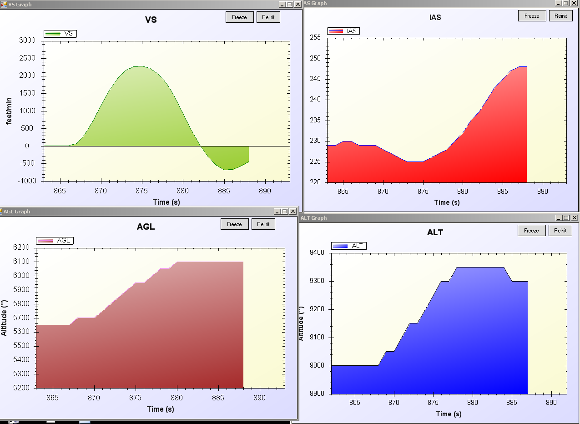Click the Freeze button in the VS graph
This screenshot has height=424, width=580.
[x=239, y=17]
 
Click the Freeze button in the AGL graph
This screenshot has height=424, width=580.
[x=234, y=224]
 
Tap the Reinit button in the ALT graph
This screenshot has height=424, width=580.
[x=560, y=231]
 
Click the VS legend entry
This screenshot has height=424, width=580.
[x=60, y=34]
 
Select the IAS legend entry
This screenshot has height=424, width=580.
[x=343, y=31]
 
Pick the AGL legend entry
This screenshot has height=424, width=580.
[x=55, y=241]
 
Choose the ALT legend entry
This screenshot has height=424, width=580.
[x=349, y=246]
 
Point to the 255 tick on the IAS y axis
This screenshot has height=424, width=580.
[x=315, y=38]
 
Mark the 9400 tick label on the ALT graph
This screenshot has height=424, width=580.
[x=315, y=253]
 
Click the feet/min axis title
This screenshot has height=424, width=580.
[x=9, y=111]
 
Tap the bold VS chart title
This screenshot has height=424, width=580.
[x=151, y=20]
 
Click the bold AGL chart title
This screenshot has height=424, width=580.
[x=146, y=227]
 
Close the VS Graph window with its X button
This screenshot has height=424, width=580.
[x=298, y=4]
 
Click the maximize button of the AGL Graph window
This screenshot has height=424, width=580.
[x=285, y=211]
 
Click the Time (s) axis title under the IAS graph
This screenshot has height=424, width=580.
[x=447, y=202]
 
